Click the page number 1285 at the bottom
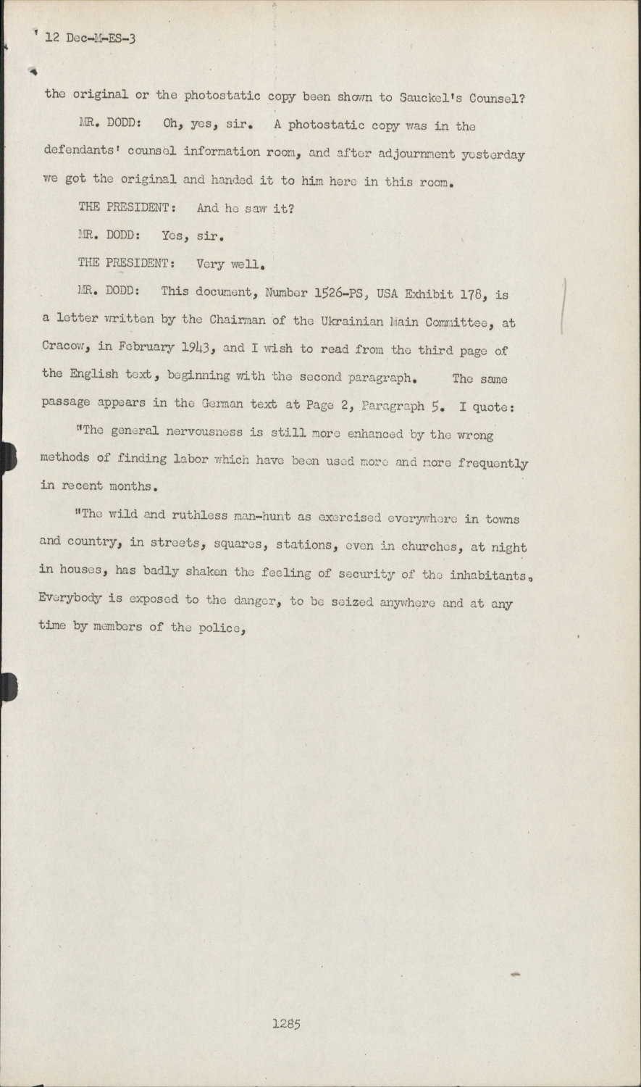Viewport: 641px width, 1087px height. (x=286, y=1024)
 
